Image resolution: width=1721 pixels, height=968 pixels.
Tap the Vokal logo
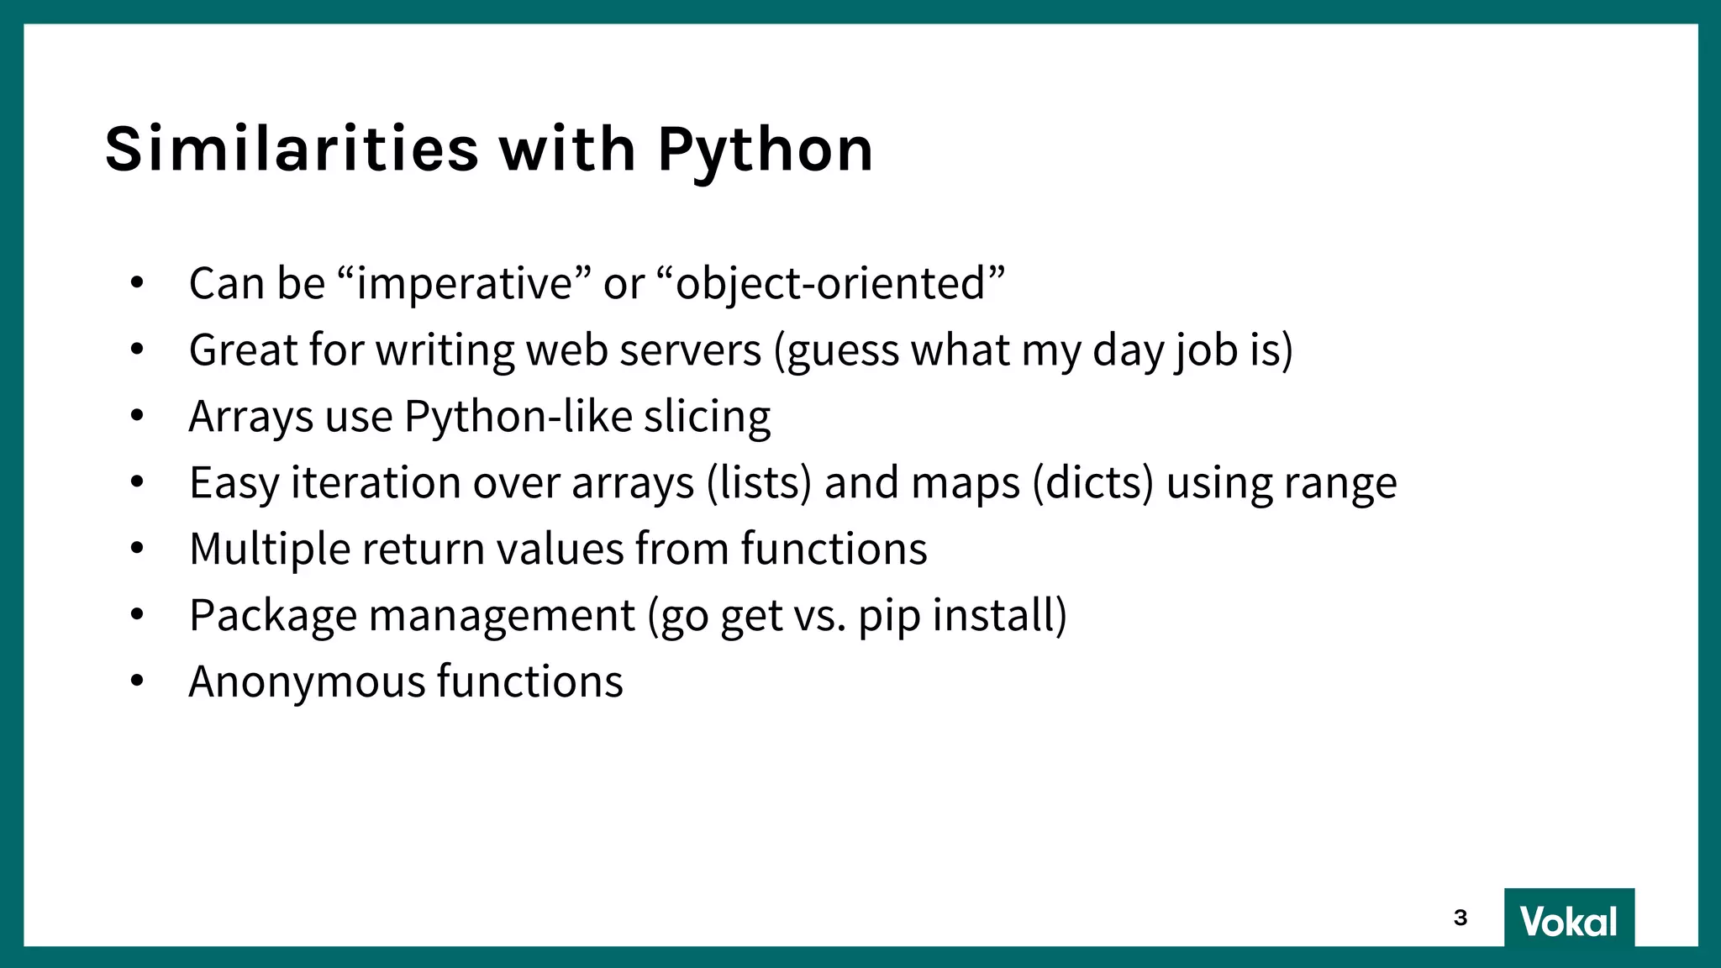pyautogui.click(x=1568, y=920)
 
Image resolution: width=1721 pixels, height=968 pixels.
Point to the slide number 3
pyautogui.click(x=1460, y=918)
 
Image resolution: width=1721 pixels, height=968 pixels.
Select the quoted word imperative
pyautogui.click(x=466, y=284)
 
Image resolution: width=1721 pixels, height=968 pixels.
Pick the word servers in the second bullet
pyautogui.click(x=690, y=350)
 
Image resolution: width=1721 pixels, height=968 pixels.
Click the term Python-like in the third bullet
pyautogui.click(x=518, y=417)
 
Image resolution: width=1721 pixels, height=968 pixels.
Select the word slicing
pyautogui.click(x=707, y=417)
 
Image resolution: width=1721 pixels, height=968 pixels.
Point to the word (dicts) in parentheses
pyautogui.click(x=1092, y=483)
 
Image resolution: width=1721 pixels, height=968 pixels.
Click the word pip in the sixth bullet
pyautogui.click(x=889, y=616)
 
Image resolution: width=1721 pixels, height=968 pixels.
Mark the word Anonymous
pyautogui.click(x=308, y=681)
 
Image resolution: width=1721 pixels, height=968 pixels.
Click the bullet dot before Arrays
pyautogui.click(x=138, y=415)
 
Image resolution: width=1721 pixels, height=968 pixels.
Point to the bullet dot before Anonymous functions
pyautogui.click(x=138, y=681)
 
